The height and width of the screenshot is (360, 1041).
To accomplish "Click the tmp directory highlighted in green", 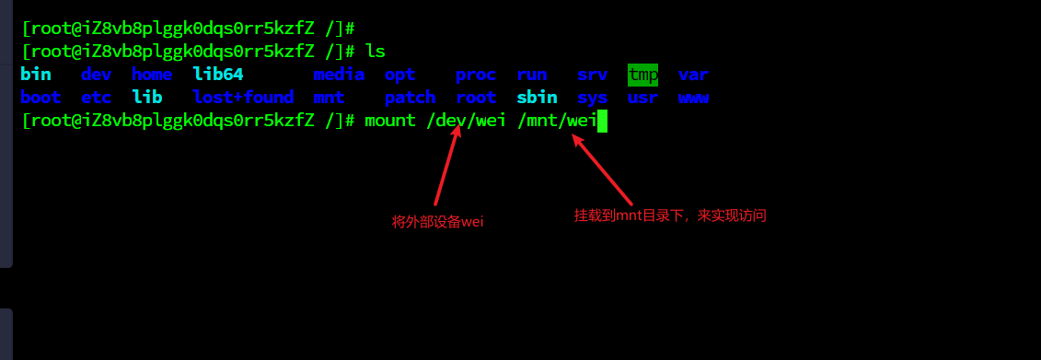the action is coord(642,75).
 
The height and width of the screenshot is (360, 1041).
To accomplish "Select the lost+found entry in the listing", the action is coord(243,97).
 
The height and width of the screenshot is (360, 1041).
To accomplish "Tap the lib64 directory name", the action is coord(217,75).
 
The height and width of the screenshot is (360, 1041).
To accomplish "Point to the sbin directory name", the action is coord(537,97).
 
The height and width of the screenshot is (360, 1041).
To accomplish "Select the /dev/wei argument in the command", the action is coord(466,120).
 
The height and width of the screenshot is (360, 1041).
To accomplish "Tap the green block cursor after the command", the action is coord(602,120).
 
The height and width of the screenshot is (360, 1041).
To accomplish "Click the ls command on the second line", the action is coord(375,51).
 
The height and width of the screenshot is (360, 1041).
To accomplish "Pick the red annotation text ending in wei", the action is coord(438,221).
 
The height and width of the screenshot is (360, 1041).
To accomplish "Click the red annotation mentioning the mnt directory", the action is coord(670,215).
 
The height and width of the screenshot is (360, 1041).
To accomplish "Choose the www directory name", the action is coord(693,97).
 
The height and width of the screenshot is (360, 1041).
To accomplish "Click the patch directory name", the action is coord(410,97).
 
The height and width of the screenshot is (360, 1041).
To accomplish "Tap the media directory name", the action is coord(339,75).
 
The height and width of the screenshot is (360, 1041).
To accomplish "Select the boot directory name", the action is coord(40,97).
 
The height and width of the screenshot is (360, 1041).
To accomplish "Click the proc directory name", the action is coord(476,75).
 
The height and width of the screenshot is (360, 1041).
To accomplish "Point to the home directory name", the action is coord(152,75).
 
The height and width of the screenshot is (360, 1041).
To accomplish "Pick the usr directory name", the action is coord(642,97).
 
